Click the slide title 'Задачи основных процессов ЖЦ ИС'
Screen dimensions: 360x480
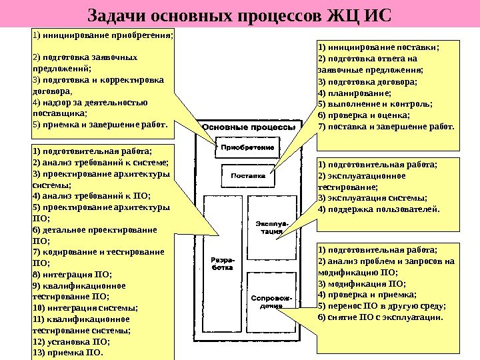[240, 15]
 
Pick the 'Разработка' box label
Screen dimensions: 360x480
[221, 263]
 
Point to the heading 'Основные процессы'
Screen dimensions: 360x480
[249, 127]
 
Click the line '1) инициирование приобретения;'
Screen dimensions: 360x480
[102, 36]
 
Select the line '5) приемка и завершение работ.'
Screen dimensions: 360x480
[101, 123]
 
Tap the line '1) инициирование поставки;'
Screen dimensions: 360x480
[379, 47]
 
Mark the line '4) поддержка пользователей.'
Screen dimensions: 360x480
[379, 209]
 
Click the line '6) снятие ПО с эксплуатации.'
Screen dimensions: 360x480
[380, 317]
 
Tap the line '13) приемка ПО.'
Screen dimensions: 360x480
[68, 352]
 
